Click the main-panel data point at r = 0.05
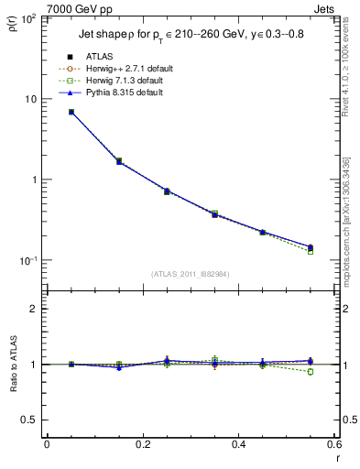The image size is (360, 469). [x=71, y=112]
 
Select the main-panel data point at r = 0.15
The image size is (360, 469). [x=119, y=161]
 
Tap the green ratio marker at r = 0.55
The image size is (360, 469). [x=311, y=372]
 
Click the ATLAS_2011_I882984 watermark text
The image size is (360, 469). [x=190, y=273]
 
